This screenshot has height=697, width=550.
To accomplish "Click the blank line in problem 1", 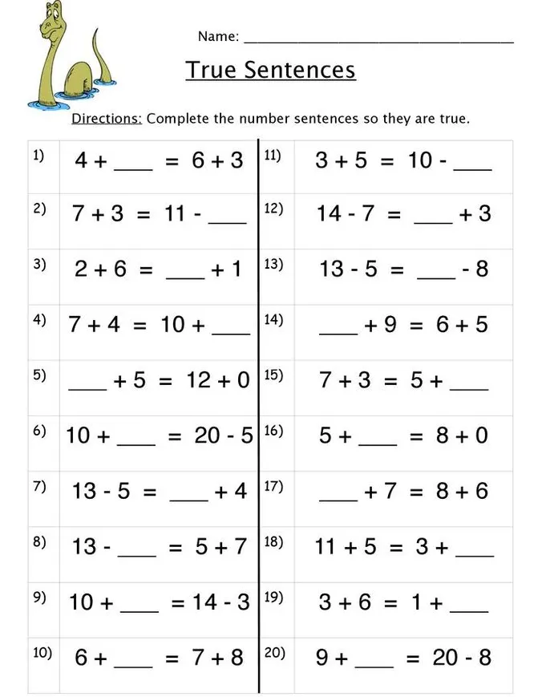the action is pos(133,169).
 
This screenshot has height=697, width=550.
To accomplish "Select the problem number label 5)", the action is pos(39,375).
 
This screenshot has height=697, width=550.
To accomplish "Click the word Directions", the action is pos(107,119).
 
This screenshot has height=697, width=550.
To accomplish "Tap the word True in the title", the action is pos(212,70).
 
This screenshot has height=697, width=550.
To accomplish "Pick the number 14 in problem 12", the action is pos(330,214).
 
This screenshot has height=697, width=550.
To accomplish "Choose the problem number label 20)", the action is pos(275,653).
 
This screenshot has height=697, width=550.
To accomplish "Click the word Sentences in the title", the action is pos(300,70).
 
